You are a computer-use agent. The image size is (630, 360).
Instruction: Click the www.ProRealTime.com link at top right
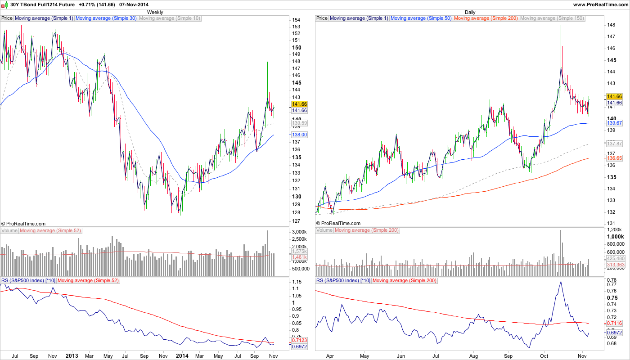(600, 4)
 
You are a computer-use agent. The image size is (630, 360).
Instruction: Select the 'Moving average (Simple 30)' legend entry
(106, 18)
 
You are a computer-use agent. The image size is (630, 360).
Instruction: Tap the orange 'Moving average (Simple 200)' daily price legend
(486, 18)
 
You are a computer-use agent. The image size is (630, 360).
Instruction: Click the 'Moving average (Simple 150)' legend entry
(552, 18)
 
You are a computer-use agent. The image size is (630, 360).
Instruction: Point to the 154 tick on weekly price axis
(296, 20)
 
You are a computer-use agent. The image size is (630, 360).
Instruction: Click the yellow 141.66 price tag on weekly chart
(299, 104)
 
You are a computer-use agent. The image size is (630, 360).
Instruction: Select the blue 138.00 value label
(299, 135)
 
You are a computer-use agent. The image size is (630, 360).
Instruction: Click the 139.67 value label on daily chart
(614, 123)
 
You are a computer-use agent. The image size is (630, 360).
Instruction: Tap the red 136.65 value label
(614, 158)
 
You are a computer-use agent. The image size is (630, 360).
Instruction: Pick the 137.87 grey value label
(614, 144)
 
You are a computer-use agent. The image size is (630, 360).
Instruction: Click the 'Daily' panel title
(470, 12)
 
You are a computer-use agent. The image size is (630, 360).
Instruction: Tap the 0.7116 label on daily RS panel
(614, 323)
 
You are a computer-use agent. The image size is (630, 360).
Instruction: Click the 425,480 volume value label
(615, 259)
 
